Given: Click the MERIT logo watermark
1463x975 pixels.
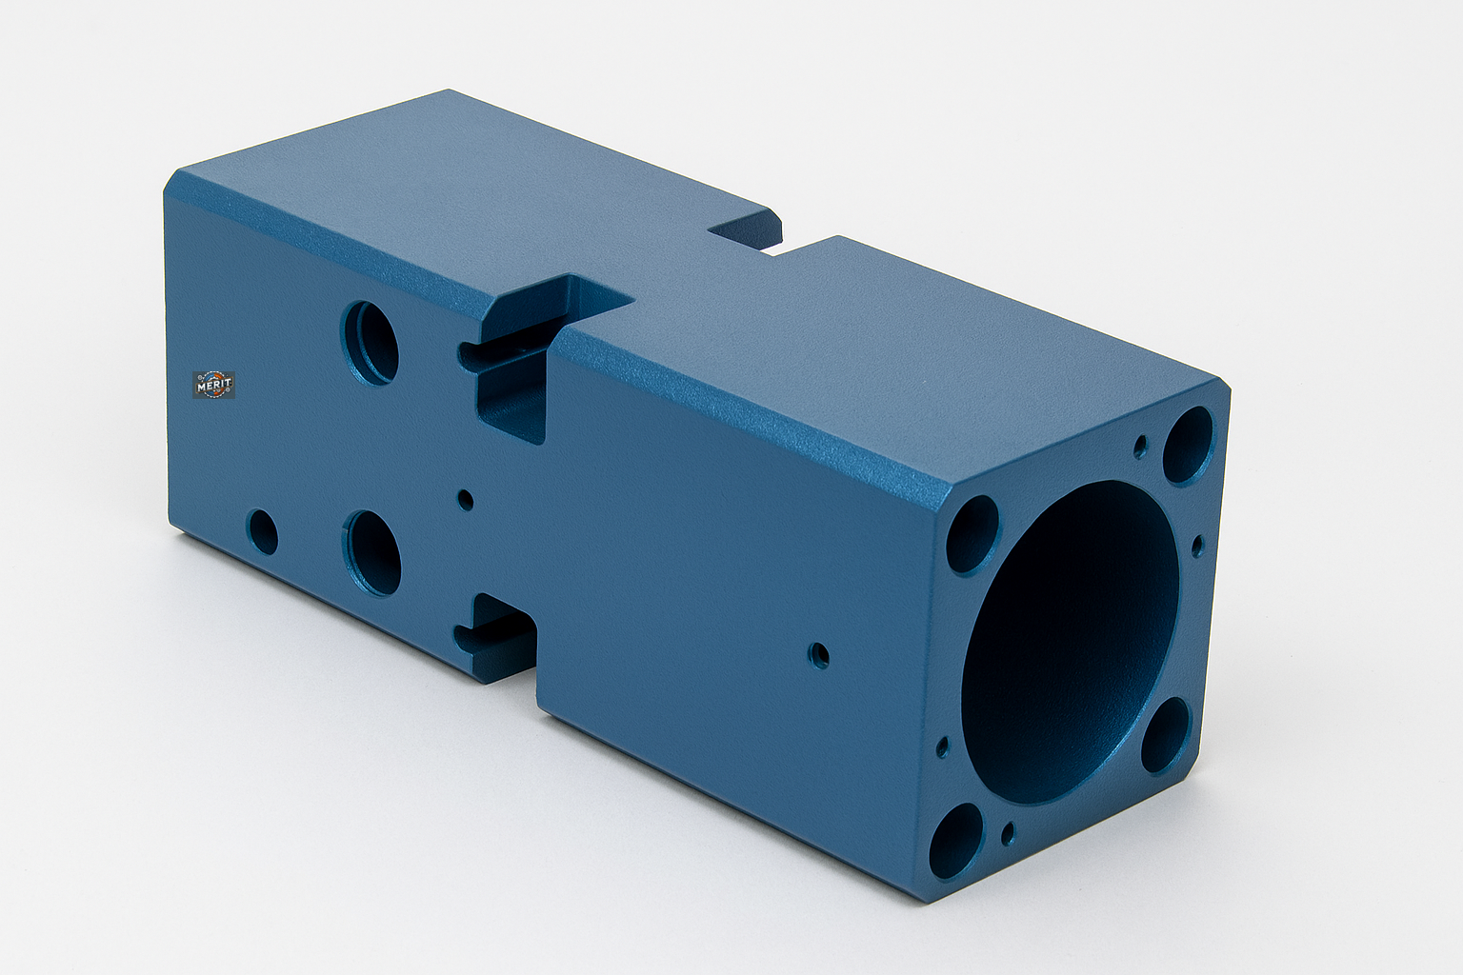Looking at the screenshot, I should pos(213,385).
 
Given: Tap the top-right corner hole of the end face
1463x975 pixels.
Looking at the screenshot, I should pos(1188,445).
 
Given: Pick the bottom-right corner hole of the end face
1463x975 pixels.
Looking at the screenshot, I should pos(1166,735).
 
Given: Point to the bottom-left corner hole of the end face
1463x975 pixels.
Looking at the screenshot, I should pos(955,841).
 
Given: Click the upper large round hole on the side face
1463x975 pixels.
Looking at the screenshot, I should pos(370,342).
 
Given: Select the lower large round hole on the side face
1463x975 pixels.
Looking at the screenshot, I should pos(373,552).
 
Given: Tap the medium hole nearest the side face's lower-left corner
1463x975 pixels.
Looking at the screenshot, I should pos(262,532).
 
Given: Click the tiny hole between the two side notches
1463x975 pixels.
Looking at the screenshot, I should pos(466,499).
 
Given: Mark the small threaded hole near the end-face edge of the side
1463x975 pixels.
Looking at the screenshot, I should pos(817,655).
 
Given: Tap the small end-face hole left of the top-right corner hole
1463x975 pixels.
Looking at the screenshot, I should pos(1139,447).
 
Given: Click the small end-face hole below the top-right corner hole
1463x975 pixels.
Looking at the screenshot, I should pos(1197,545).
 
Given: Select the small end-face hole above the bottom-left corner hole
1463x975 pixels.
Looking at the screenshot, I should pos(943,746).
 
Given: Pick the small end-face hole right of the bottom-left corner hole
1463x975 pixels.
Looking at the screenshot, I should pos(1008,837).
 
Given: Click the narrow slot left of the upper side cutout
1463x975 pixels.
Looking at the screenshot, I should pos(469,354).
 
